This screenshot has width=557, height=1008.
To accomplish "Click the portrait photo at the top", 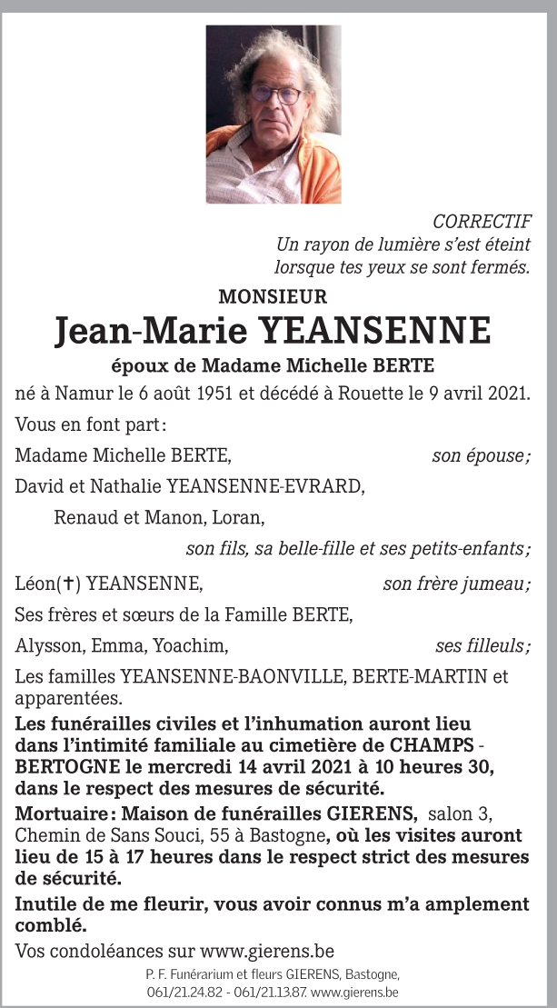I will pos(274,114).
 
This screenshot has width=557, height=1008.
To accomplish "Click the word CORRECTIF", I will pos(482,222).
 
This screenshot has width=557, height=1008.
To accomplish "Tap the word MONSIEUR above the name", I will pos(273,296).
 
